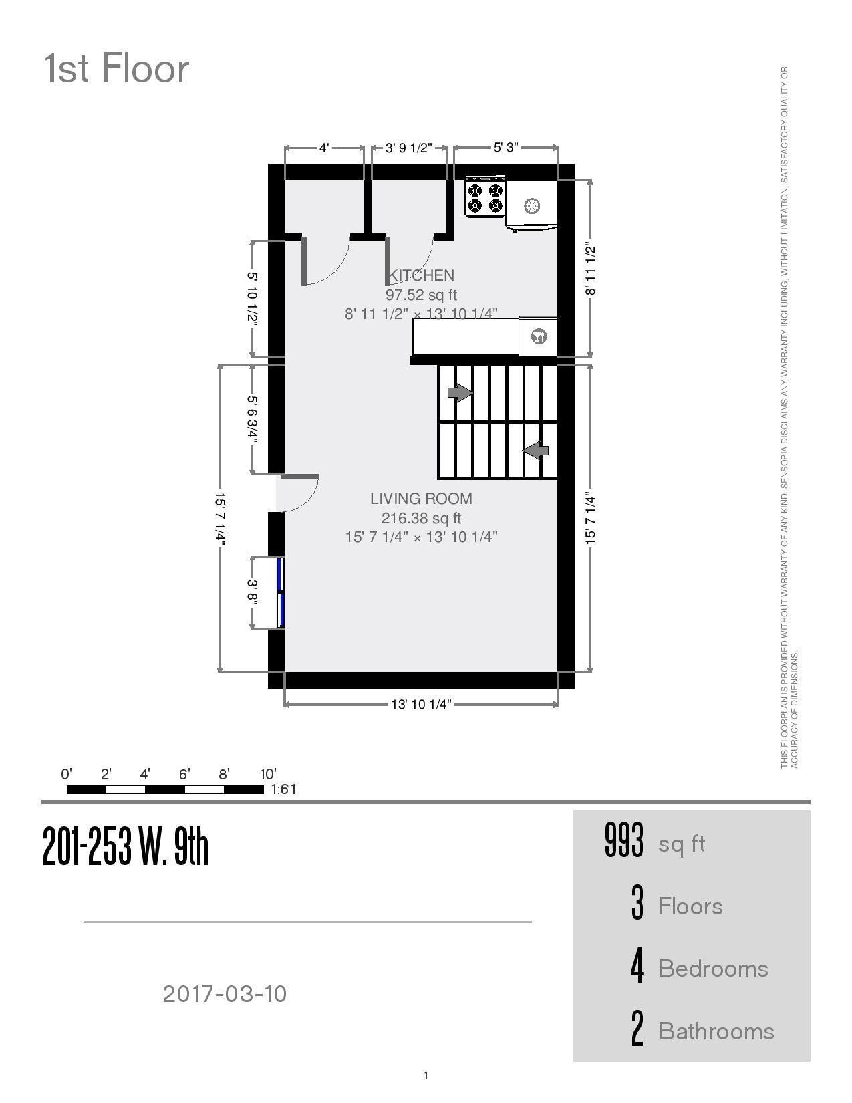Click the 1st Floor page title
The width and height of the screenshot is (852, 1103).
(x=117, y=69)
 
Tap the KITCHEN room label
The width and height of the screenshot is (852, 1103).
(x=422, y=275)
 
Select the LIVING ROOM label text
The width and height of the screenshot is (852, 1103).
(x=421, y=499)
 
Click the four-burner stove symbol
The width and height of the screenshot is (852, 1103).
(x=485, y=197)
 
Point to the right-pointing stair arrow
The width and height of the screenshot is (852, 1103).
(x=460, y=393)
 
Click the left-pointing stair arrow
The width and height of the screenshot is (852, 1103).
(x=536, y=451)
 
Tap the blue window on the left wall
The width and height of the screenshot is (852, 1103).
(x=281, y=592)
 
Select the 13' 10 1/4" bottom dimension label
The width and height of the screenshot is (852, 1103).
(x=421, y=704)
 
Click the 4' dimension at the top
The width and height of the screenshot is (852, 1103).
(x=324, y=148)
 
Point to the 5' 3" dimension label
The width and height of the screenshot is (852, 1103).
(x=506, y=148)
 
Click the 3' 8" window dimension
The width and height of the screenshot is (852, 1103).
(x=253, y=592)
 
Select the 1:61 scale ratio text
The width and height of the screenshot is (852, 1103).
(x=283, y=789)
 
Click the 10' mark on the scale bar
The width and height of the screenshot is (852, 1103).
(x=267, y=775)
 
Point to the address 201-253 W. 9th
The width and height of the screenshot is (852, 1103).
(x=126, y=846)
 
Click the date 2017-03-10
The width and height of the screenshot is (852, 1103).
(x=225, y=994)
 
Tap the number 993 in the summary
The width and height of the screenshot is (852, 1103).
(x=623, y=840)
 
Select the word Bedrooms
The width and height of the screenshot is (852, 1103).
(x=713, y=969)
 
